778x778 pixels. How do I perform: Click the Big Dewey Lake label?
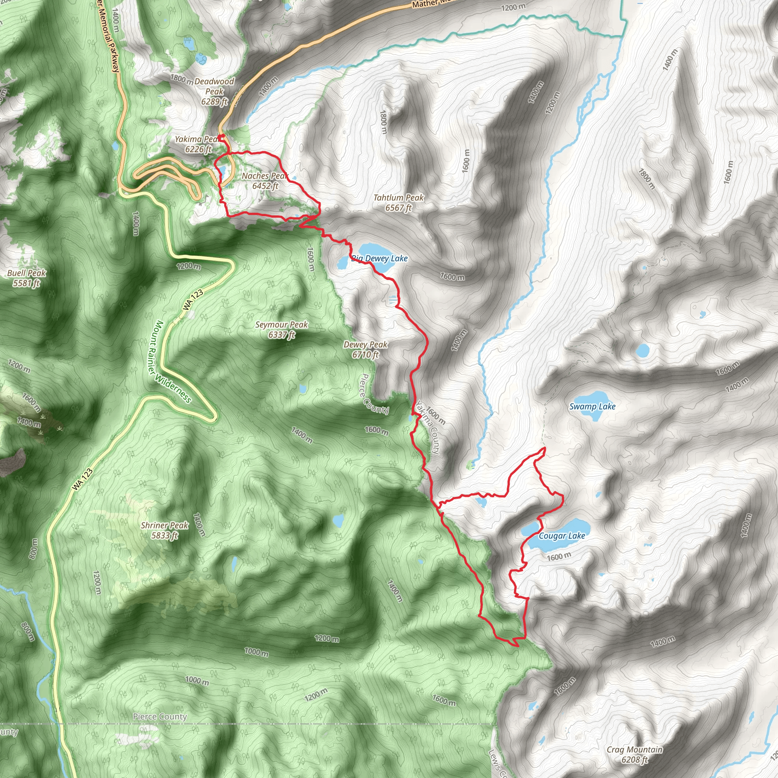tap(380, 259)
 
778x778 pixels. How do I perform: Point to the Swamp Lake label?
tap(592, 407)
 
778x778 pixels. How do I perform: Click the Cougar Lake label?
tap(562, 536)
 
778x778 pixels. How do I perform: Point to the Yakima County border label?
tap(428, 428)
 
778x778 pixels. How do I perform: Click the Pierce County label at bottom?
tap(160, 716)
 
